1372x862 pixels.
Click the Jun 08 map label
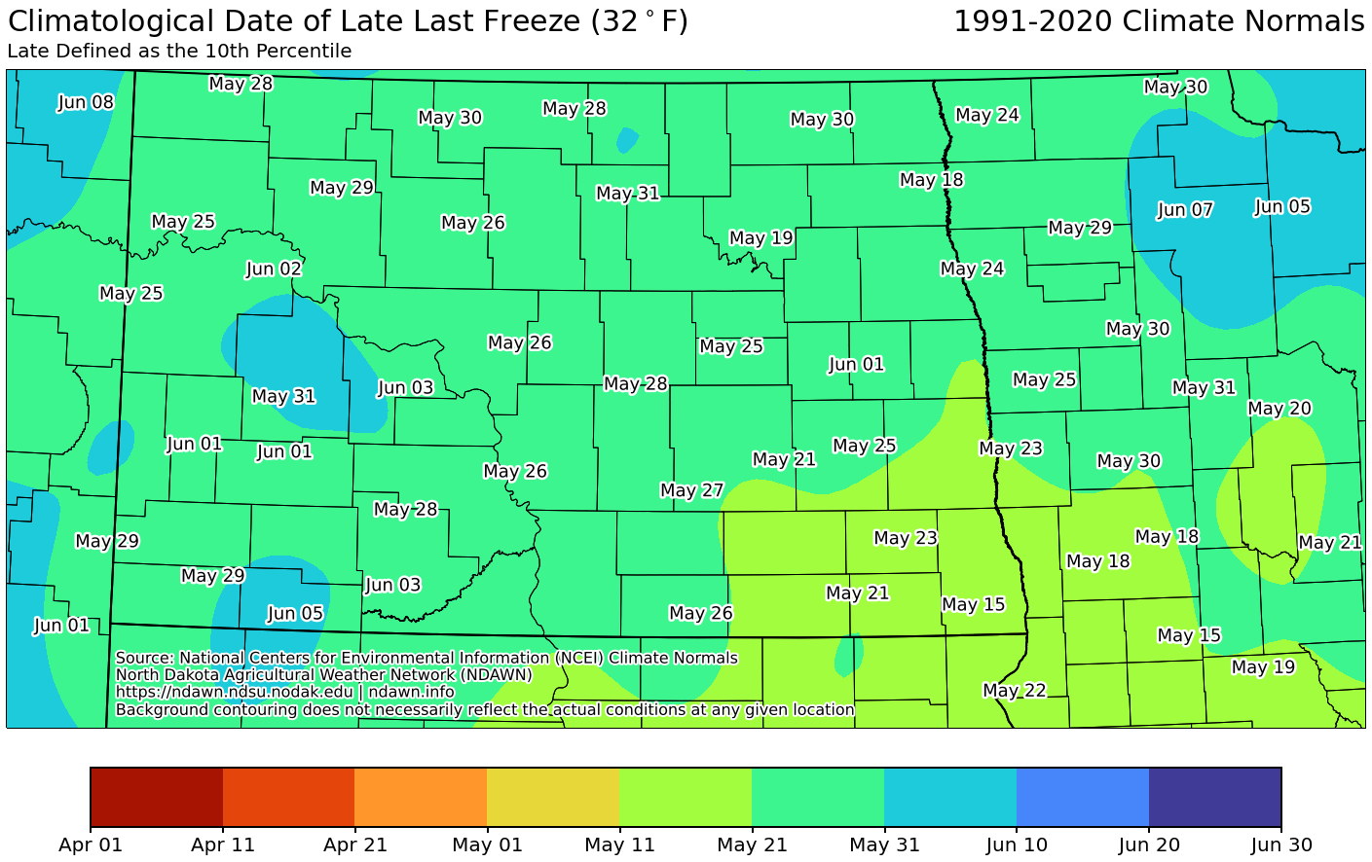[x=86, y=102]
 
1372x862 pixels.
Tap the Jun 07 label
[x=1185, y=210]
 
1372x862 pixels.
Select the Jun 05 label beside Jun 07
[x=1282, y=207]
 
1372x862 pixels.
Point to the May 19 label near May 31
[x=760, y=238]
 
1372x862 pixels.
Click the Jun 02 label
[x=274, y=269]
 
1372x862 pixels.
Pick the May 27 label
[x=691, y=490]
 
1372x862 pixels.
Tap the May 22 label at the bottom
[x=1014, y=691]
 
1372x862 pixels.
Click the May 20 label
[x=1279, y=409]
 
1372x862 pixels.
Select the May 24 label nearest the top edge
[x=986, y=116]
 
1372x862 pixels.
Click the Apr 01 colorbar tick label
[x=91, y=844]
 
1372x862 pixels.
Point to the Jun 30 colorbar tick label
[x=1280, y=844]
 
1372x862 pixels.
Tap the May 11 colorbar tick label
[x=619, y=844]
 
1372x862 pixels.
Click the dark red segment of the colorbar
[x=157, y=797]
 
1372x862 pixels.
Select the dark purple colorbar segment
[x=1214, y=797]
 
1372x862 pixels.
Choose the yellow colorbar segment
[x=552, y=797]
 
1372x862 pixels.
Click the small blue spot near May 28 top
[x=627, y=141]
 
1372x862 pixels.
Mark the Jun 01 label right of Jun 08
[x=194, y=445]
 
